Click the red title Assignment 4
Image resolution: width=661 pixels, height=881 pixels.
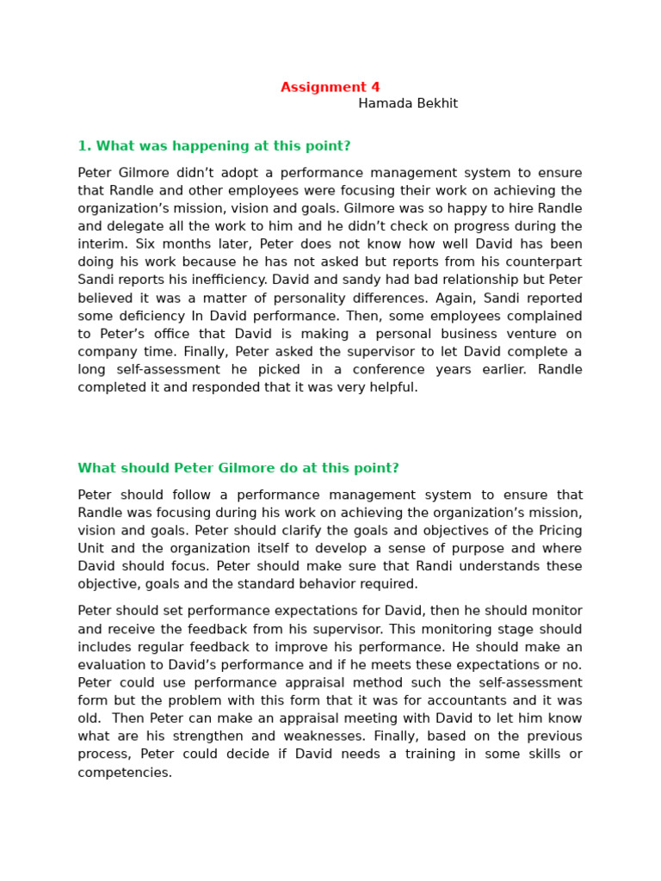tap(330, 87)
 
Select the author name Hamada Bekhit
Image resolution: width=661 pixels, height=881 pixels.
tap(408, 104)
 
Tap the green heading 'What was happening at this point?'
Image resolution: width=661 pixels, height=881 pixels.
tap(214, 146)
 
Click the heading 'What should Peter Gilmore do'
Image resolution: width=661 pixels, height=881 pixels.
tap(238, 468)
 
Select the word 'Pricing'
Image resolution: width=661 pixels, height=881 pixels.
tap(559, 530)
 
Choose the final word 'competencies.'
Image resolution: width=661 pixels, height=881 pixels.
tap(125, 773)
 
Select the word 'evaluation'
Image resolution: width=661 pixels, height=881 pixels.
tap(112, 665)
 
